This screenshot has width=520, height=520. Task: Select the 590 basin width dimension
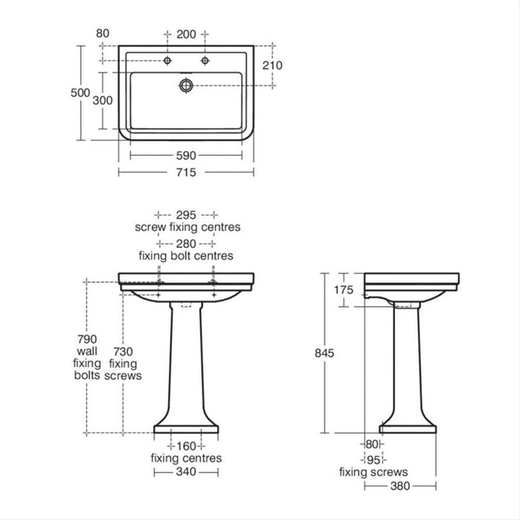coord(186,155)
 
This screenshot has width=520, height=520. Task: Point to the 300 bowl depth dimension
coord(103,100)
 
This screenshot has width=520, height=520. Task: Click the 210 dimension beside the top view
coord(272,65)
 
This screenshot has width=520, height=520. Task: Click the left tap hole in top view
coord(169,59)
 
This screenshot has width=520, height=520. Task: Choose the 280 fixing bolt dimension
coord(186,243)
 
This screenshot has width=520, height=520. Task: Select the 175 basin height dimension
coord(342,290)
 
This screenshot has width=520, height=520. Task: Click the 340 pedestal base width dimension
coord(186,472)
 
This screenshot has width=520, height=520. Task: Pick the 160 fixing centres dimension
coord(186,446)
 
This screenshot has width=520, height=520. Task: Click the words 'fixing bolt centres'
coord(186,256)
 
